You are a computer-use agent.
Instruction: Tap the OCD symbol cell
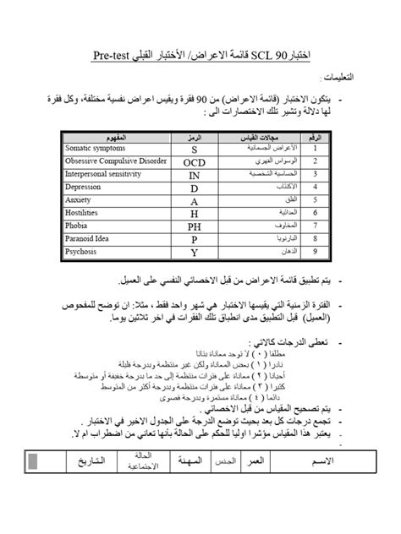coord(194,162)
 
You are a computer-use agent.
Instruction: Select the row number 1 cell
coord(316,149)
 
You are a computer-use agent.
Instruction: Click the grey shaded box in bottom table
coord(34,462)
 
